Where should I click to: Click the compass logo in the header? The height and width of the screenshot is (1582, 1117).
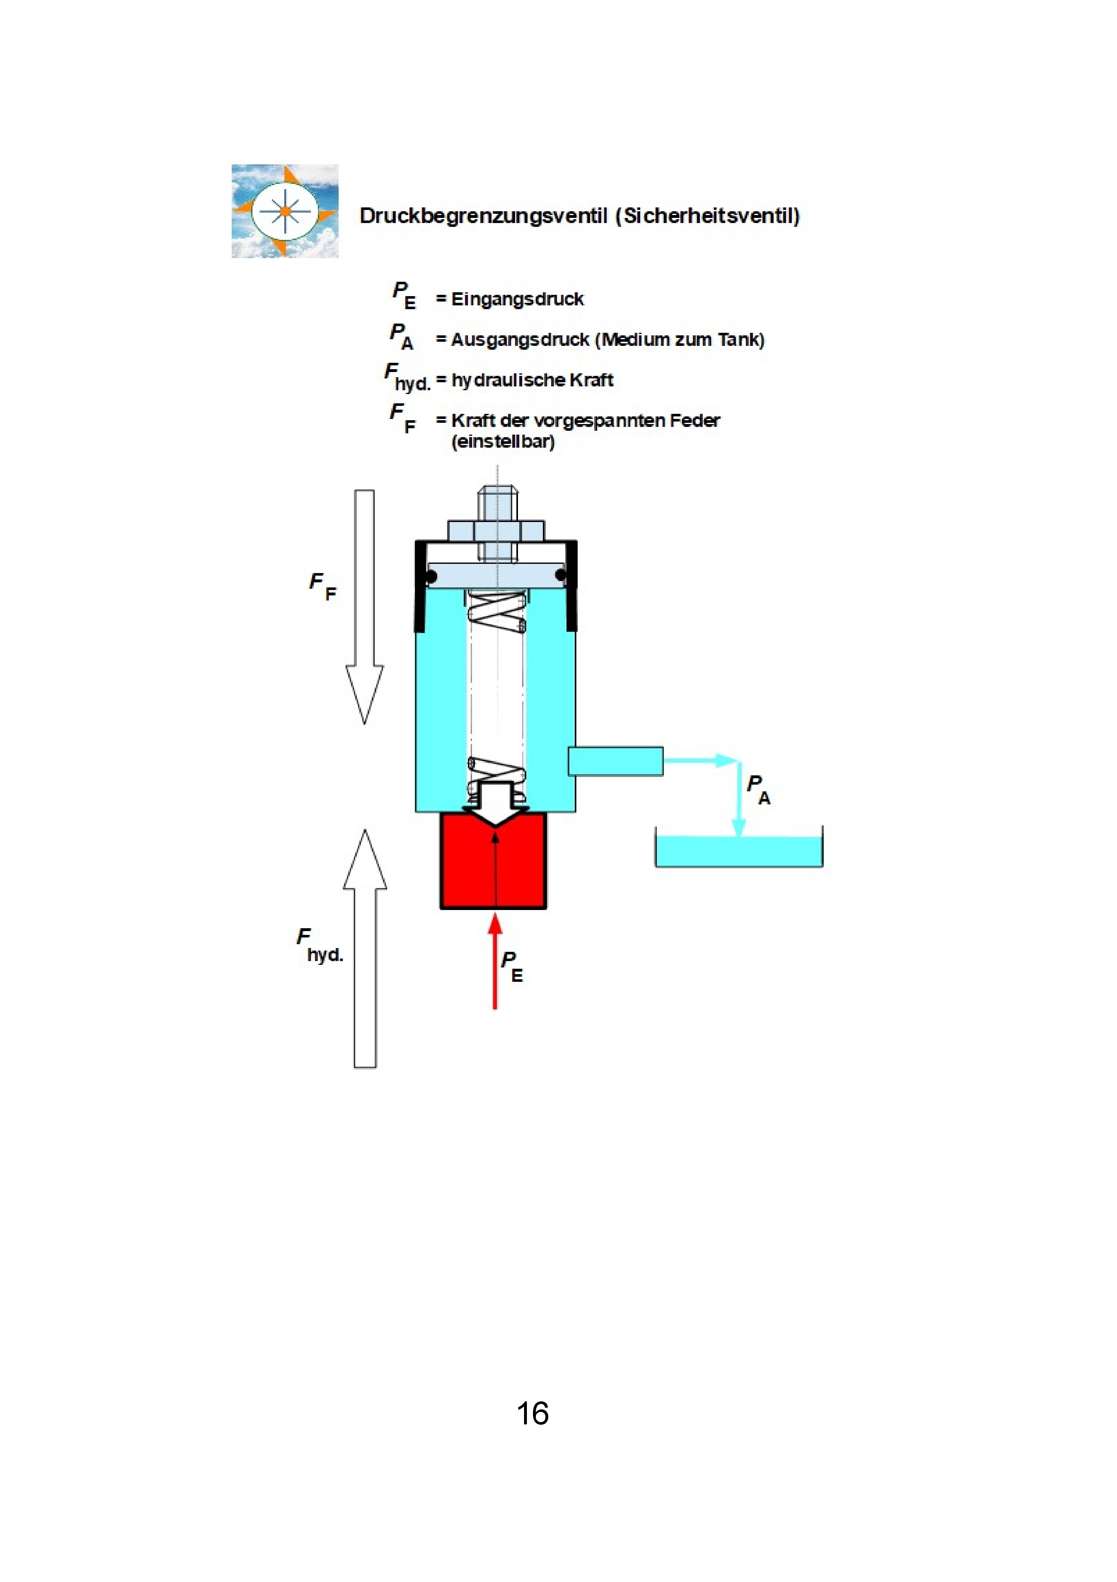(285, 211)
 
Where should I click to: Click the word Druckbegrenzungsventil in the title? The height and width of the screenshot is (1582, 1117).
(483, 216)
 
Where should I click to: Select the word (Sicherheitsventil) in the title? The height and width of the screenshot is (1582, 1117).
(708, 216)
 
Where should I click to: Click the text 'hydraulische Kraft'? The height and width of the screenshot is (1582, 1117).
(532, 380)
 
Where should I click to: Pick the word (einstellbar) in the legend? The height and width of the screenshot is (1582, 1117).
(503, 442)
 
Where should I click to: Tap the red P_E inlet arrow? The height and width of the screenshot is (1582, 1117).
(495, 961)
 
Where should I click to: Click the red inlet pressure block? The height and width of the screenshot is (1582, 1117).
(493, 861)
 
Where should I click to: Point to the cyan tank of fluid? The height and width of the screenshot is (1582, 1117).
(739, 851)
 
